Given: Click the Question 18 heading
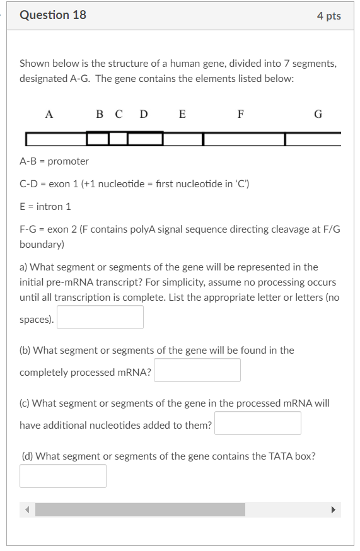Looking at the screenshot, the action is coord(53,15).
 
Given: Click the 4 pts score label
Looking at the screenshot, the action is coord(329,16).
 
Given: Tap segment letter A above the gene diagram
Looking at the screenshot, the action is coord(49,114).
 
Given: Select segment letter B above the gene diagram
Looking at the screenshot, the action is coord(100,114).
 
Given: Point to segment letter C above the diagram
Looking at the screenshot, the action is coord(119,114).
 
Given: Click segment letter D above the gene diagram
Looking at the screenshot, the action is coord(144,114).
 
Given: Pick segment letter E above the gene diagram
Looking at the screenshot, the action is coord(182,114).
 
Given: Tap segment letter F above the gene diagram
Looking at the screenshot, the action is coord(240,114).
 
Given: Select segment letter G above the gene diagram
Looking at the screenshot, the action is coord(318,114).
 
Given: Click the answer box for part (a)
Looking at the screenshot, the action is coord(100,317).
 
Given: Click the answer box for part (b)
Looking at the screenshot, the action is coord(197,370).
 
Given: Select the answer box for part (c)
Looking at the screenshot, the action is coord(257,423).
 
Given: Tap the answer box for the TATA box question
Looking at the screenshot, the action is coord(63,476).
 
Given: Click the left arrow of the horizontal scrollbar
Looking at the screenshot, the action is coord(27,509).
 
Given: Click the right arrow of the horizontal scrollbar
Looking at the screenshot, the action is coord(334,509).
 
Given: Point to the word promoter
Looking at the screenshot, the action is coord(68,161).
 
